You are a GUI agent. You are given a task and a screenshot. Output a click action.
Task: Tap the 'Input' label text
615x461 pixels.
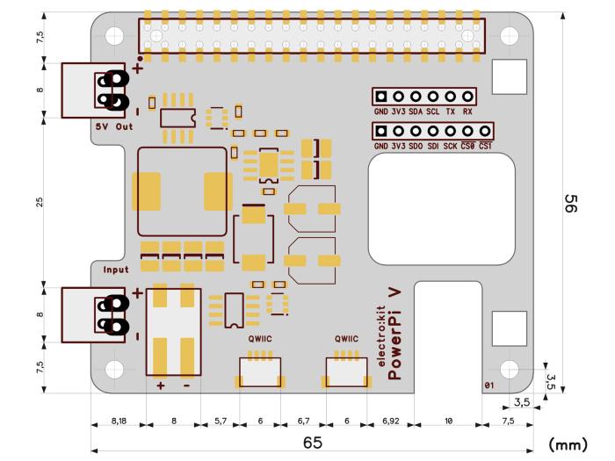coord(115,270)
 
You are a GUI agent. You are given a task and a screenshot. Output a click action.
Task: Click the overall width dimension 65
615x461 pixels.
coord(312,443)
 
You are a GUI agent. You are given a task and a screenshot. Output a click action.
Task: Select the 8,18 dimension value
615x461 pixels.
coord(118,422)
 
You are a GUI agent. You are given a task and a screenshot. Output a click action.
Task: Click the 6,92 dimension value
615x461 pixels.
coord(389,422)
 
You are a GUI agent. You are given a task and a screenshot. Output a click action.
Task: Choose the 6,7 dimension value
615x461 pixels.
coord(304,422)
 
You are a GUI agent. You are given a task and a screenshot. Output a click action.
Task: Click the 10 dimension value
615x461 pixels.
coord(448,422)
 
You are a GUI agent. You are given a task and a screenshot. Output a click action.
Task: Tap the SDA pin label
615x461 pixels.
coord(416,113)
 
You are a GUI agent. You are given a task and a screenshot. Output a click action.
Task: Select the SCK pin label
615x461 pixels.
coord(450,146)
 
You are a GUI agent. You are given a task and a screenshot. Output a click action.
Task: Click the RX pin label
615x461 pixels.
coord(467,113)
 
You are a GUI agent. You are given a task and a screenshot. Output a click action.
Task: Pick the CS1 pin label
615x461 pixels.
coord(485,146)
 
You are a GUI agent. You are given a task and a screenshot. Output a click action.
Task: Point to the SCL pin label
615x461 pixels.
coord(432,113)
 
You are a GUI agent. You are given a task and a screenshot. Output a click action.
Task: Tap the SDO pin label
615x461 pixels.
coord(416,146)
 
